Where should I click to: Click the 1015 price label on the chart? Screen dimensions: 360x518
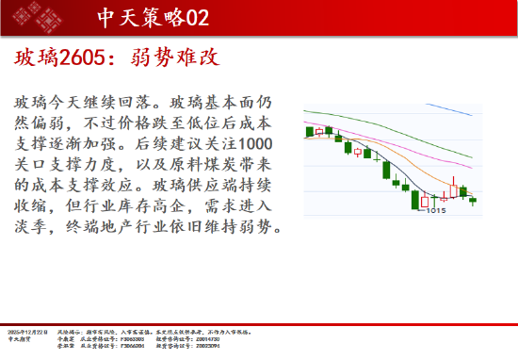[x=435, y=210]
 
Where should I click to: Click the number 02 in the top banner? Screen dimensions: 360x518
[x=195, y=18]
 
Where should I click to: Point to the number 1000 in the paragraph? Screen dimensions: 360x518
[x=257, y=143]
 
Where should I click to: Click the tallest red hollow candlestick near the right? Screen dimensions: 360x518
[x=453, y=189]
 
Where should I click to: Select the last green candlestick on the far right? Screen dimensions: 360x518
[x=473, y=200]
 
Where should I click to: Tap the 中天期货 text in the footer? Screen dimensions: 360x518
[x=19, y=339]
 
